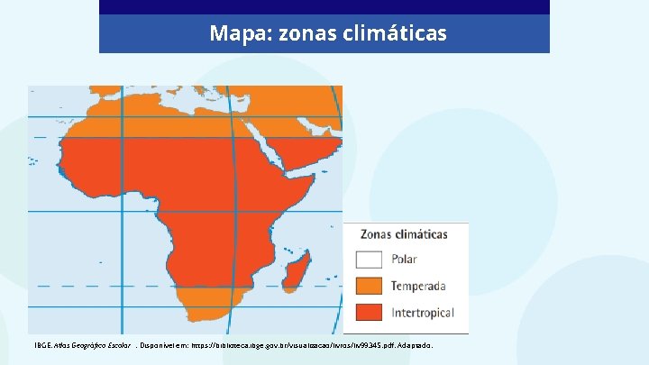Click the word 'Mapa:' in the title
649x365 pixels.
(x=233, y=34)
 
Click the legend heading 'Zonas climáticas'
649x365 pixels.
(x=404, y=234)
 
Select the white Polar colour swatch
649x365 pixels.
(x=370, y=260)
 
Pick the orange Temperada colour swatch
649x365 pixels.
(x=370, y=286)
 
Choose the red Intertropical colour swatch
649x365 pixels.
(x=370, y=313)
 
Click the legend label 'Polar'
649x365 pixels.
(x=404, y=260)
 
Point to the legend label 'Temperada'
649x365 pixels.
(x=418, y=287)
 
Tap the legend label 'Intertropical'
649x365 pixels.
(x=423, y=313)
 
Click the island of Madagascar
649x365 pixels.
(x=301, y=269)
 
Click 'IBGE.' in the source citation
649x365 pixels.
(x=42, y=345)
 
